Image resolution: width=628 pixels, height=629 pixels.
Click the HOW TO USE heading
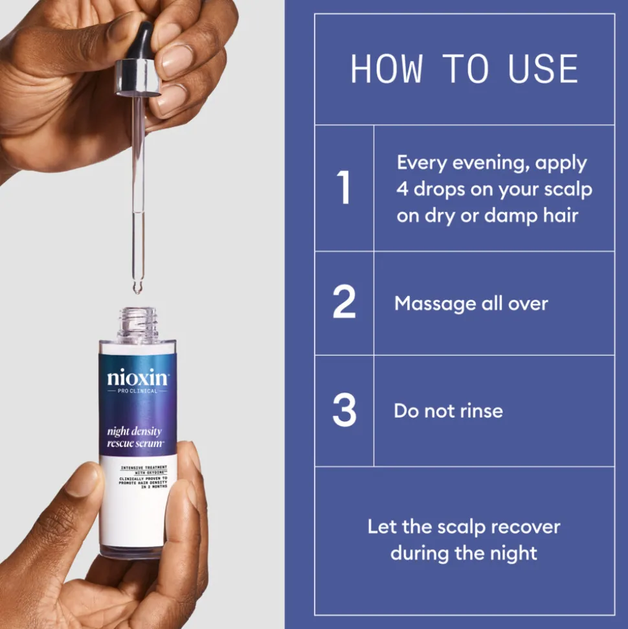464,69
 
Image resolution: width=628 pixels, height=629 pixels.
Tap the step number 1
344,188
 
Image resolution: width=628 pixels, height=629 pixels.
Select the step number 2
344,302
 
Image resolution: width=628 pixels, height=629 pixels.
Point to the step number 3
344,410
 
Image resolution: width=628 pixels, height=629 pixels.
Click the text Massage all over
471,303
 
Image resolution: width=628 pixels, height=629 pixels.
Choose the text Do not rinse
448,411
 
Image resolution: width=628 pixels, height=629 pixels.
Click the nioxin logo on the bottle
137,378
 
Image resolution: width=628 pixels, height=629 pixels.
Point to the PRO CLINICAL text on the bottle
137,391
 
